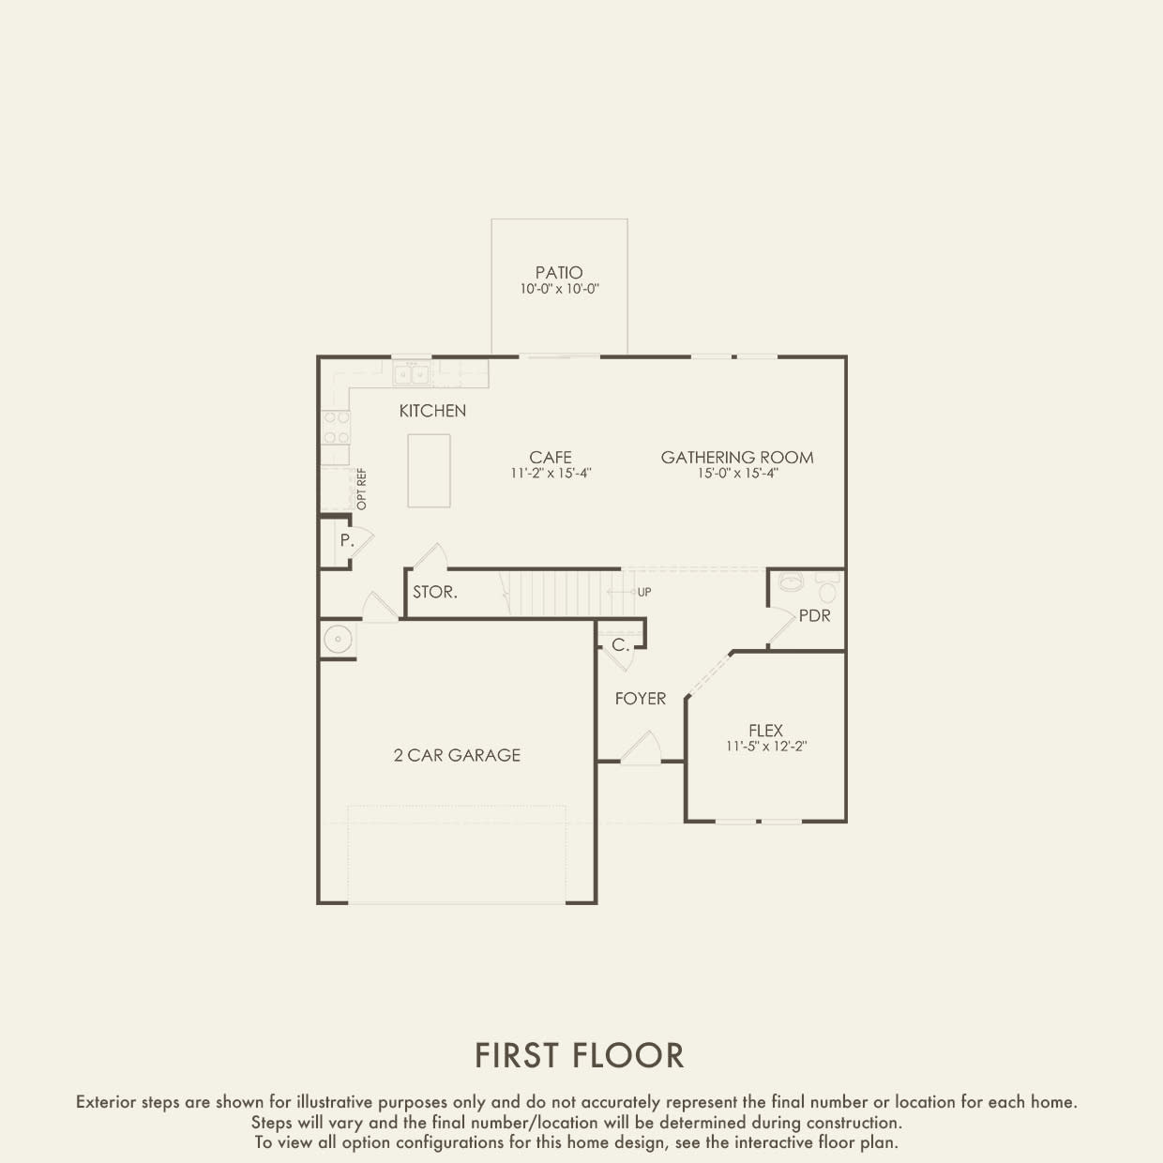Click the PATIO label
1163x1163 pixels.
(x=559, y=273)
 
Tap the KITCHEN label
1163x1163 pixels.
(x=432, y=411)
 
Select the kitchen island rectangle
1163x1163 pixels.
(x=429, y=471)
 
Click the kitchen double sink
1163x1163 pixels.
(x=411, y=374)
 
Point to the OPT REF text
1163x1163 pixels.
(x=362, y=489)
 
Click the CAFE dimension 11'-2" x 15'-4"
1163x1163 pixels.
(x=551, y=474)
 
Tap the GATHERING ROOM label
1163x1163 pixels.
(x=737, y=458)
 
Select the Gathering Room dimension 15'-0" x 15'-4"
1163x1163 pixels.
(x=737, y=474)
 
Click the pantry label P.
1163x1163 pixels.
(x=346, y=540)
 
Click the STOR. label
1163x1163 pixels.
(x=435, y=592)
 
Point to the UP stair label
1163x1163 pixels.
(x=644, y=593)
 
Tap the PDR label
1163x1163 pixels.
(x=814, y=616)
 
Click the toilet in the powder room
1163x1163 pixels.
(x=827, y=591)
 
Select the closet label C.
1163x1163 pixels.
(x=620, y=645)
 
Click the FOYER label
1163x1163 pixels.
(x=641, y=699)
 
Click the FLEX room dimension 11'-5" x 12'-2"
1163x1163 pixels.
(x=766, y=747)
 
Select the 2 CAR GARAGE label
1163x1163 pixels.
(x=457, y=755)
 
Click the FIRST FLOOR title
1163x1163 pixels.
(x=580, y=1055)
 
